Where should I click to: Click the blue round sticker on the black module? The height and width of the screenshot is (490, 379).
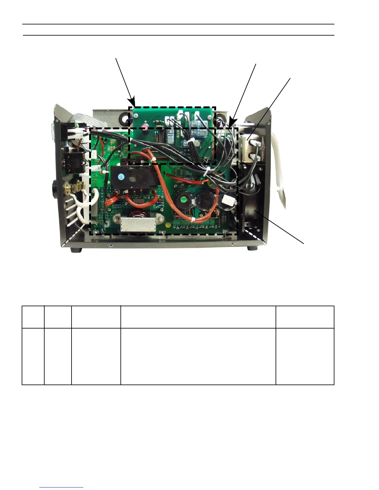tap(121, 177)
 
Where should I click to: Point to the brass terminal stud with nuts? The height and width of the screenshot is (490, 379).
tap(75, 186)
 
